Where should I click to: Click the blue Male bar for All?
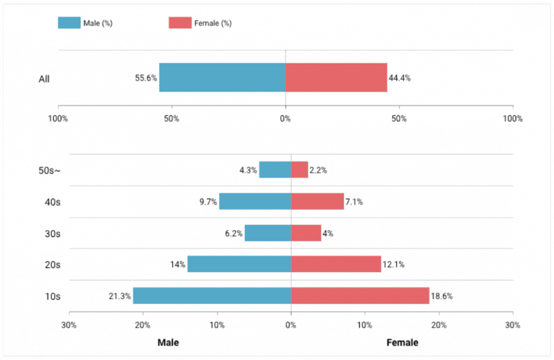point(222,78)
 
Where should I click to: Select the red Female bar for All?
point(336,78)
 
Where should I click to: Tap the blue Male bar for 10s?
point(212,296)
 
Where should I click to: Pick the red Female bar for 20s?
point(336,264)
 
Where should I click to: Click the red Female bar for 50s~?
point(300,170)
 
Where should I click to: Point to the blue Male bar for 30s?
point(268,233)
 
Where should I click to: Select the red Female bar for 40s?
point(318,201)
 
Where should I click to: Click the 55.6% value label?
point(146,78)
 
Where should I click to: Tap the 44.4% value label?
point(400,78)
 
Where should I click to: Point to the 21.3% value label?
point(120,296)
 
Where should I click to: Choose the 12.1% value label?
point(394,265)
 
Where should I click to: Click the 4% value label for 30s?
point(328,234)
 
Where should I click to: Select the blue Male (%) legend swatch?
point(69,23)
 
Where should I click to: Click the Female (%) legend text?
point(213,23)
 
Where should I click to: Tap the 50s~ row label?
point(49,170)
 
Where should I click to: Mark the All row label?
point(44,79)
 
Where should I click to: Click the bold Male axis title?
point(168,342)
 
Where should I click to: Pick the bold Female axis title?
point(402,342)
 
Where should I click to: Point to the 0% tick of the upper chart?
point(286,119)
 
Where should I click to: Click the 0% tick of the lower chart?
point(291,325)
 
